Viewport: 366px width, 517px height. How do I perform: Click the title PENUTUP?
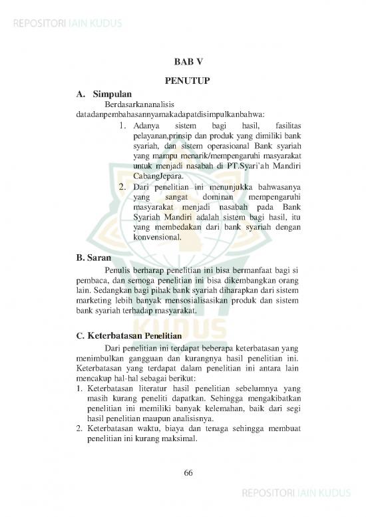(x=188, y=81)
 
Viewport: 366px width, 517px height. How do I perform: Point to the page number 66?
(x=188, y=472)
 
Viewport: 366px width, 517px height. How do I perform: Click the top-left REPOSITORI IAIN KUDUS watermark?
(x=65, y=25)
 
